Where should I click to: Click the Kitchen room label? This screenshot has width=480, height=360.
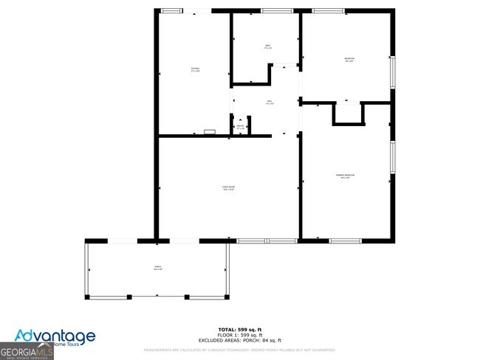[x=195, y=70]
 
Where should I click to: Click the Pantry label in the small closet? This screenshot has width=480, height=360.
[x=240, y=127]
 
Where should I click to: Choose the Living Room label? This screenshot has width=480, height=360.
[x=229, y=189]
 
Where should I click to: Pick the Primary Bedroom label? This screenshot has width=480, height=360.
[x=346, y=176]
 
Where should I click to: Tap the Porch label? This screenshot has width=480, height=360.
[x=157, y=268]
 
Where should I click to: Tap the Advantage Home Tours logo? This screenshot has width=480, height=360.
[x=55, y=338]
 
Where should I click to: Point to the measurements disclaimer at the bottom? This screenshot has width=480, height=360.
[x=239, y=350]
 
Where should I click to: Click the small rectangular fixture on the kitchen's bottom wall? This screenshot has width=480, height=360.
[x=210, y=132]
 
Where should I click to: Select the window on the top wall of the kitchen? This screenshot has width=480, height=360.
[x=172, y=10]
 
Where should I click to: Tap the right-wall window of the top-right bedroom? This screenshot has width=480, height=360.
[x=393, y=72]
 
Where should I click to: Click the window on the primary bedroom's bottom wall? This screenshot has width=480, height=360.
[x=345, y=240]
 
